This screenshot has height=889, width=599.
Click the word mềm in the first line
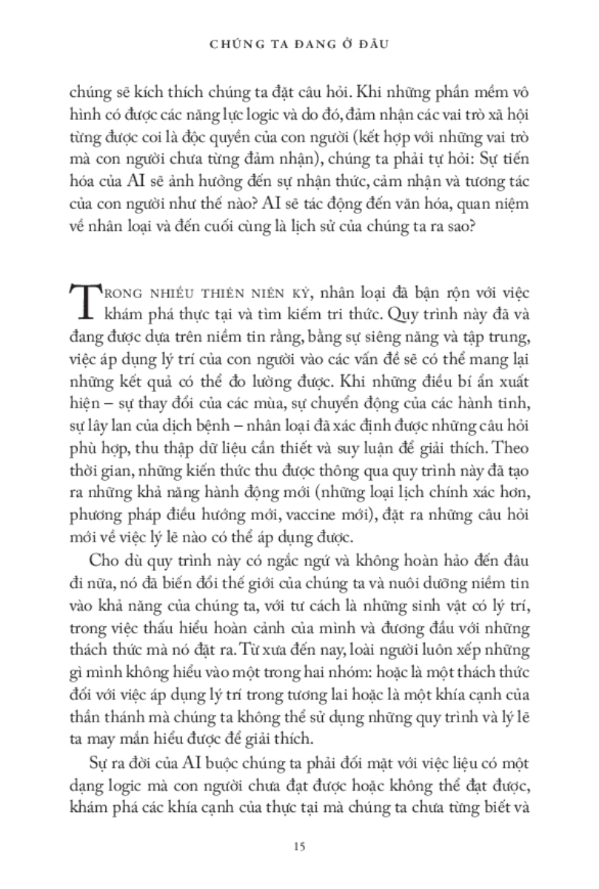[x=489, y=95]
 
